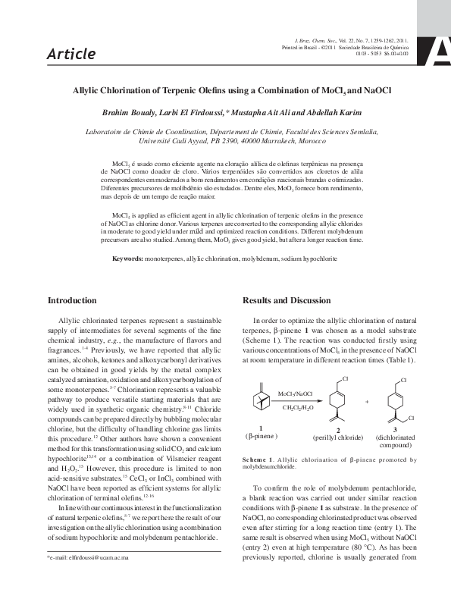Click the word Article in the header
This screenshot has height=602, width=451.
[x=71, y=54]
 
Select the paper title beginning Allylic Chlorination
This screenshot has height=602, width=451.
[x=226, y=90]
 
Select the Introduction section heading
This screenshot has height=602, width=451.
[x=72, y=301]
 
